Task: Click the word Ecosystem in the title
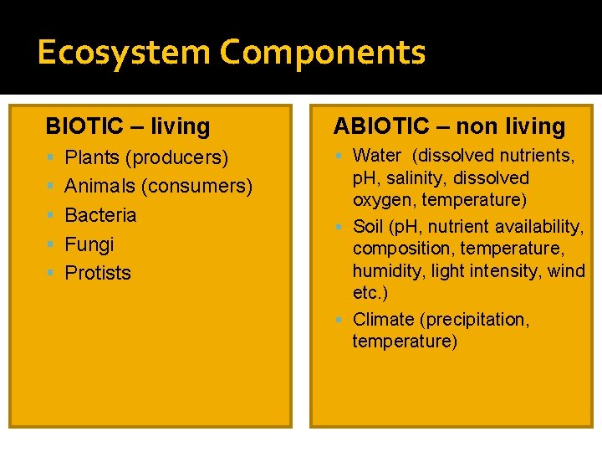124,53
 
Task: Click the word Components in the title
323,53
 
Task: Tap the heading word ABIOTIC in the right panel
380,126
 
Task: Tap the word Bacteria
100,215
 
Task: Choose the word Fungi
89,244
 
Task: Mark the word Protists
98,273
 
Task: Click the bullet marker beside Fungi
52,244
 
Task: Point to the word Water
377,156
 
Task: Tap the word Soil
369,227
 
